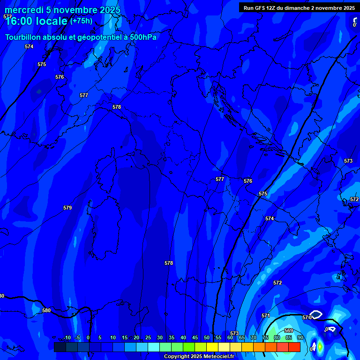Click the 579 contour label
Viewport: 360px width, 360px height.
pos(67,208)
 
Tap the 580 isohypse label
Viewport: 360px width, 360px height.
pos(46,310)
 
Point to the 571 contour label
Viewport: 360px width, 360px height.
pos(266,315)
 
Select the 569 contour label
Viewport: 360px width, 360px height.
pos(289,331)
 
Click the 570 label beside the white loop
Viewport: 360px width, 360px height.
pos(307,317)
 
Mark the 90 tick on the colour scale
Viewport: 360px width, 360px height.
pos(300,337)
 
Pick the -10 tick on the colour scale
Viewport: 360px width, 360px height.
pos(67,337)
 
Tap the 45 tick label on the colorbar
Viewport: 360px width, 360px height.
pos(195,337)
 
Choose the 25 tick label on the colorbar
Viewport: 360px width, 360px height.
pos(148,337)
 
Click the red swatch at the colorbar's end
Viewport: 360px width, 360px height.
pos(294,347)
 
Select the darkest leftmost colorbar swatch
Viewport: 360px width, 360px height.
pos(60,347)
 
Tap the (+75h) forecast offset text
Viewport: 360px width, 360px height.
pos(81,21)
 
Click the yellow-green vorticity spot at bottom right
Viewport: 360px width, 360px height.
pos(320,347)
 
